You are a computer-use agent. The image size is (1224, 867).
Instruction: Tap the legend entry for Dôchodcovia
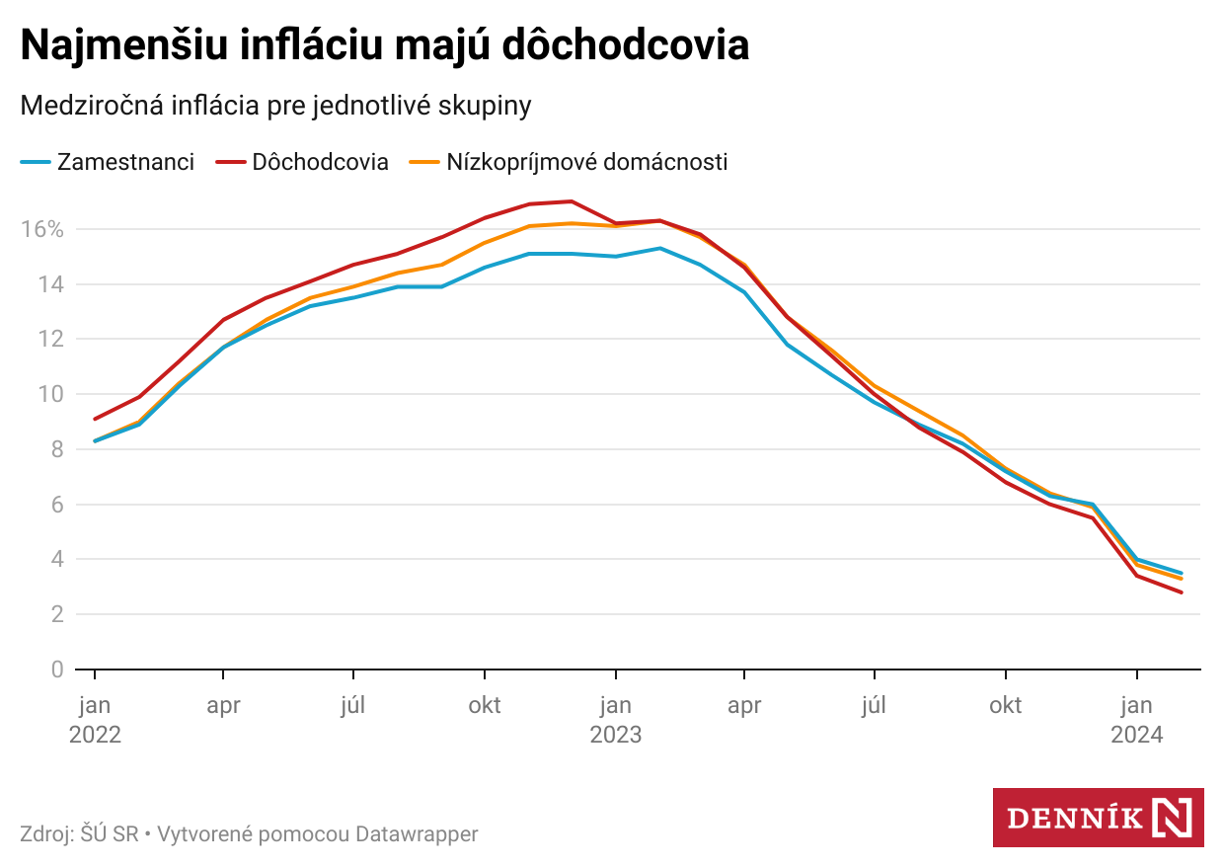[306, 162]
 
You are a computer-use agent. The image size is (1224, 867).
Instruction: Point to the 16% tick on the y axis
[42, 229]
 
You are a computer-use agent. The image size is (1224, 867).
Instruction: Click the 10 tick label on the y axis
[51, 394]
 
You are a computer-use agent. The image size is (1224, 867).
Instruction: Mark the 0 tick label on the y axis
[57, 670]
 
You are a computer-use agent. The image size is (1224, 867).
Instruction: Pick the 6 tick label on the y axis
[57, 505]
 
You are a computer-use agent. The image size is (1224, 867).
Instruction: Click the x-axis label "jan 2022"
[95, 720]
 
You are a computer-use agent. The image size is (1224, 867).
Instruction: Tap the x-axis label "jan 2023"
[616, 720]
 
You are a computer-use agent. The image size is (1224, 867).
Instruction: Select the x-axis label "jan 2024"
[1137, 720]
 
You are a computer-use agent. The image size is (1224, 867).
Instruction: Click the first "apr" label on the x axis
[224, 706]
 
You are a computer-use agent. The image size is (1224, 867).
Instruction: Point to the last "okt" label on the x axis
[1006, 706]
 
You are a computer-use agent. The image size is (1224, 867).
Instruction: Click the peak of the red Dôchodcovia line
[573, 201]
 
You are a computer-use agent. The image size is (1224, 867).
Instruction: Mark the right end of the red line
[1182, 592]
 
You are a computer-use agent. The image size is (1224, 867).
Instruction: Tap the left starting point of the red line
[95, 419]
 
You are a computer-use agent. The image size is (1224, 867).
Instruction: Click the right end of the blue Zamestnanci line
[1182, 573]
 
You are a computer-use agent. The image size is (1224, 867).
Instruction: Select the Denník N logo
[1098, 818]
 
